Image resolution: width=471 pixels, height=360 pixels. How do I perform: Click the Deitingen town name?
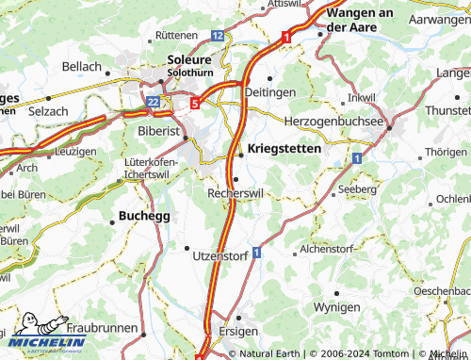(270, 91)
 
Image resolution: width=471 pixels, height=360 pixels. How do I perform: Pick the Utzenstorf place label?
(219, 255)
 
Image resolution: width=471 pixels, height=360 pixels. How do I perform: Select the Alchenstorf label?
(327, 250)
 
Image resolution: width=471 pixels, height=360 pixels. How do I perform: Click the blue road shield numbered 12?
(218, 35)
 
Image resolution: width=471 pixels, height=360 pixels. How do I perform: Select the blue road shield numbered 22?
(154, 99)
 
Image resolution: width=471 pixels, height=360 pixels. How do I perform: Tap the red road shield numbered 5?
(194, 104)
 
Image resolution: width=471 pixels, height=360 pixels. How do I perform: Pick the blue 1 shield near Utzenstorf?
(255, 254)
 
